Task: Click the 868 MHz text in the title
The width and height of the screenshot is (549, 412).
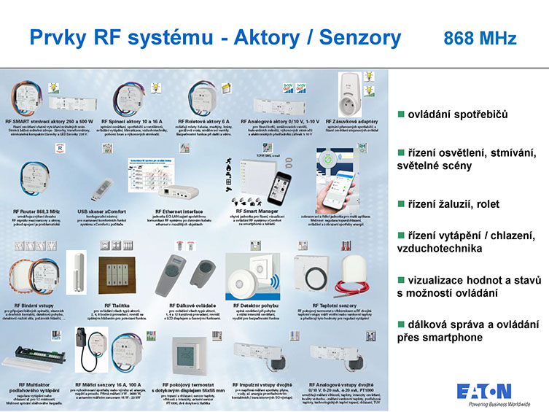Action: point(480,39)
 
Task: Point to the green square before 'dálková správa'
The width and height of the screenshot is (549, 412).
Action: point(400,325)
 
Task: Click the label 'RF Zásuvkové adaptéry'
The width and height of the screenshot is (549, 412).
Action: point(351,121)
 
